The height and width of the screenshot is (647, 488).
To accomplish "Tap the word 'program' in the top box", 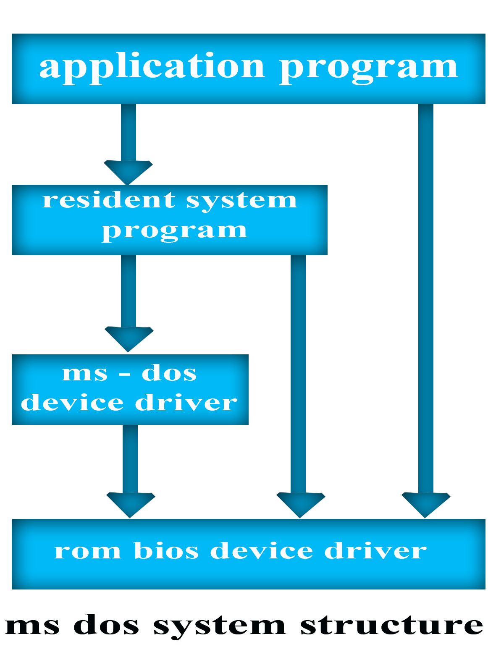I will click(x=369, y=67).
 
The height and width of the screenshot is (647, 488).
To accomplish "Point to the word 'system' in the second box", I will click(x=241, y=201).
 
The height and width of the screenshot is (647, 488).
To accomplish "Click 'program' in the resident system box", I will click(x=174, y=231).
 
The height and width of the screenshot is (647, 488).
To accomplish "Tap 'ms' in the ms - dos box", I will click(x=84, y=373).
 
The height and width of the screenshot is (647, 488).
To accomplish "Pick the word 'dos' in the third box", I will click(x=169, y=373).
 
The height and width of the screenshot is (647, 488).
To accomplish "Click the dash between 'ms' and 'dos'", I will click(x=125, y=374).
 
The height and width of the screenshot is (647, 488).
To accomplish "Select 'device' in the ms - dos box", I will click(x=72, y=403).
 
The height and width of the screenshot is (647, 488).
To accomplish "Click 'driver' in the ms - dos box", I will click(x=186, y=403).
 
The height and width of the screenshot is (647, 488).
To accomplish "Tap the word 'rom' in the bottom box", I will click(x=87, y=551).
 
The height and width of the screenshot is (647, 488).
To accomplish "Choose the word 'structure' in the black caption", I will click(x=391, y=626).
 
